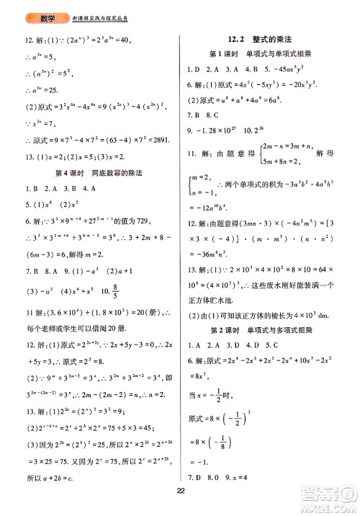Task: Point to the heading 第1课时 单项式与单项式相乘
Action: click(x=264, y=55)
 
